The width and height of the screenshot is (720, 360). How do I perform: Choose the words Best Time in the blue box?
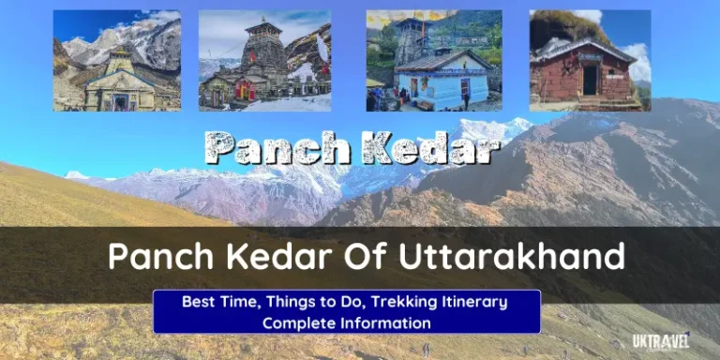tap(217, 302)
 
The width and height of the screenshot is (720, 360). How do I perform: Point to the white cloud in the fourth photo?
tap(636, 60)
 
